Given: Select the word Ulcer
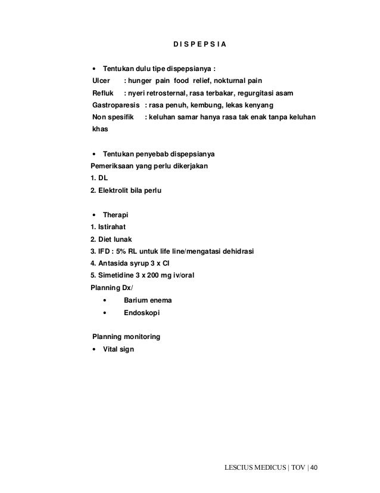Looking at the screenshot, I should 101,81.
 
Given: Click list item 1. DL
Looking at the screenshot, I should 100,178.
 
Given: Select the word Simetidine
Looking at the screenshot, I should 117,275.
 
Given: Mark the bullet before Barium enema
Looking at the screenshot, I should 105,300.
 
